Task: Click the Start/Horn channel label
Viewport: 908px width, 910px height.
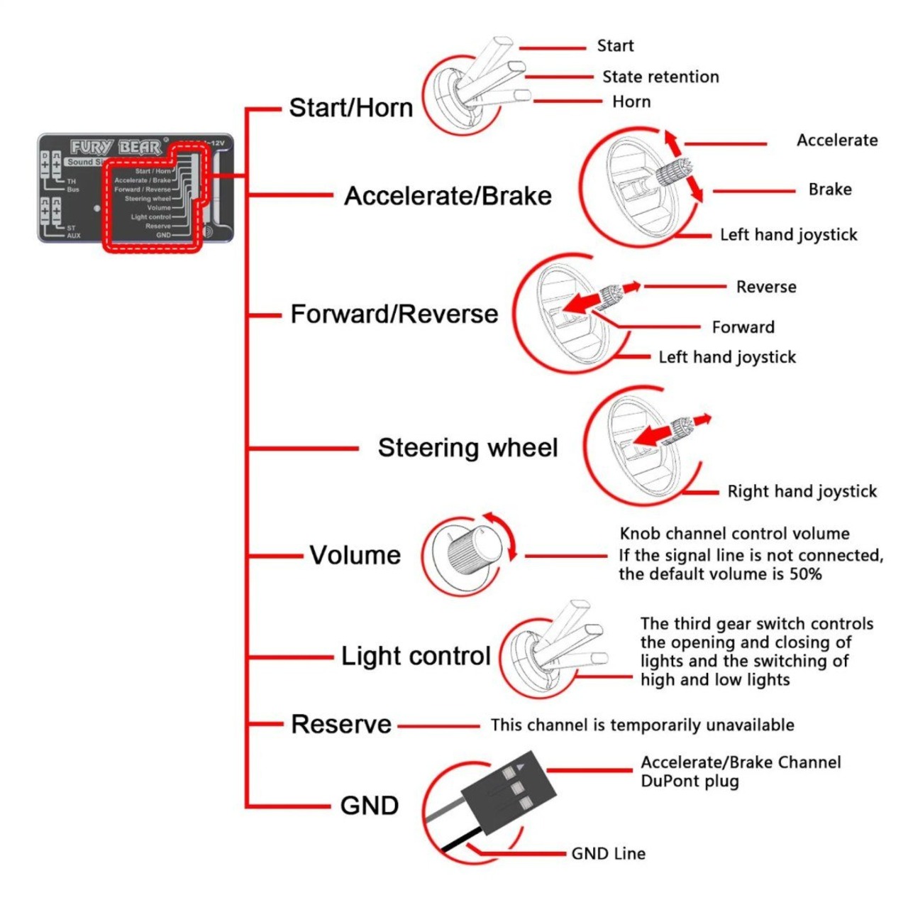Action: (350, 108)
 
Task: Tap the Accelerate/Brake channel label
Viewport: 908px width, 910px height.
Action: (448, 196)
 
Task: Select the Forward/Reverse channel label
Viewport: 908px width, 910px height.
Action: (394, 314)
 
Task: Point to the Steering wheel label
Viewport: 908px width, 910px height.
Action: (467, 448)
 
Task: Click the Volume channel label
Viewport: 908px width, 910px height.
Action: (355, 555)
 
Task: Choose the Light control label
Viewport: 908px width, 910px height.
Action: (416, 656)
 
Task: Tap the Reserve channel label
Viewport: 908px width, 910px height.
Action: (341, 725)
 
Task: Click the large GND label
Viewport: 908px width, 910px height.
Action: (369, 806)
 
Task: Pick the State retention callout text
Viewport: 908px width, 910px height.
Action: (660, 77)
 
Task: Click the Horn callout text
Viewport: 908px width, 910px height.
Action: (631, 102)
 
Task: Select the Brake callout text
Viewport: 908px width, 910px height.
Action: (830, 190)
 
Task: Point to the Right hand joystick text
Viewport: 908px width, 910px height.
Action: (802, 491)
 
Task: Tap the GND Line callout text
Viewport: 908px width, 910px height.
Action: (608, 853)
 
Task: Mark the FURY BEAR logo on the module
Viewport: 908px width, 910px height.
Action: (116, 147)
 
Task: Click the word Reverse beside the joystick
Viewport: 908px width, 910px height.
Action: (766, 287)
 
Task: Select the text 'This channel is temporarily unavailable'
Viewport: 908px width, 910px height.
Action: (642, 725)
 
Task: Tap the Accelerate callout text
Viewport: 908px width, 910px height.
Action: (837, 140)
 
